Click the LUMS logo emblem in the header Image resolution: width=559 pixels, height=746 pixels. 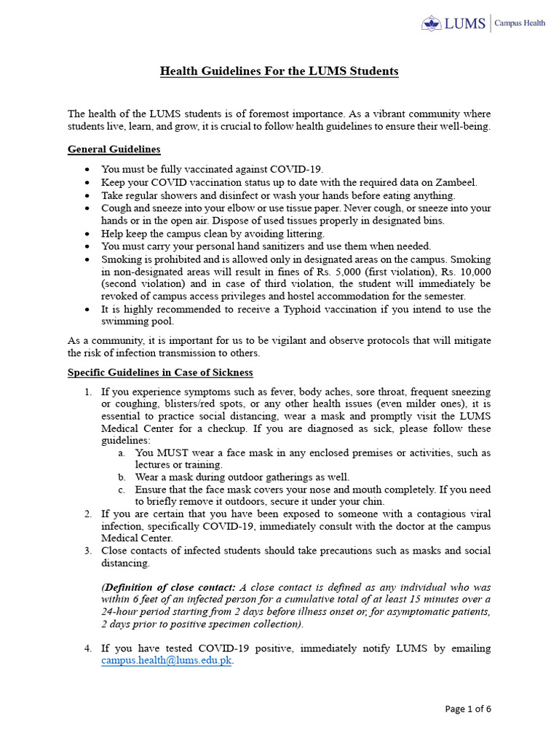pyautogui.click(x=432, y=23)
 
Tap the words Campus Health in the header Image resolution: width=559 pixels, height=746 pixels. pyautogui.click(x=520, y=23)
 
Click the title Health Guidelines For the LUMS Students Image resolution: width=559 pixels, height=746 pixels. pyautogui.click(x=279, y=71)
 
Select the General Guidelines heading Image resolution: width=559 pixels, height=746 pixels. pyautogui.click(x=114, y=149)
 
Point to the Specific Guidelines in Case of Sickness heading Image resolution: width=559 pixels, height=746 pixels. pyautogui.click(x=160, y=372)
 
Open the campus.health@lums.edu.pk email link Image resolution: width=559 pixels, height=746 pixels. pyautogui.click(x=166, y=661)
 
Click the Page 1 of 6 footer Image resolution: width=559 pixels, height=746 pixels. pyautogui.click(x=468, y=709)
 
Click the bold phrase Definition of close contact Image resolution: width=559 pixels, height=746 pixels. pyautogui.click(x=168, y=588)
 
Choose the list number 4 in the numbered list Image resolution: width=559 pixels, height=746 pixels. pyautogui.click(x=87, y=648)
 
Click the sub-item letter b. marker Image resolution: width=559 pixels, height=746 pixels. pyautogui.click(x=121, y=477)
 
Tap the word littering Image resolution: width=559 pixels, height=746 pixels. pyautogui.click(x=304, y=234)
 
